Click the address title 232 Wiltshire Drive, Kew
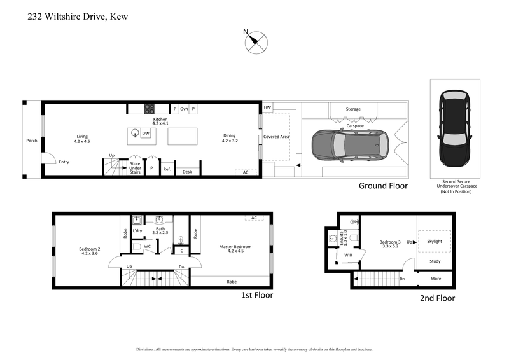click(78, 17)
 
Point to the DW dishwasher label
click(146, 134)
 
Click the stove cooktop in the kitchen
click(150, 109)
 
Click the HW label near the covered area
click(267, 108)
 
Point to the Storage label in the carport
click(353, 109)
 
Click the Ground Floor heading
click(383, 186)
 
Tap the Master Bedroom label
click(235, 248)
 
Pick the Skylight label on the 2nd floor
click(435, 242)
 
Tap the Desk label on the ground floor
click(187, 172)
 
